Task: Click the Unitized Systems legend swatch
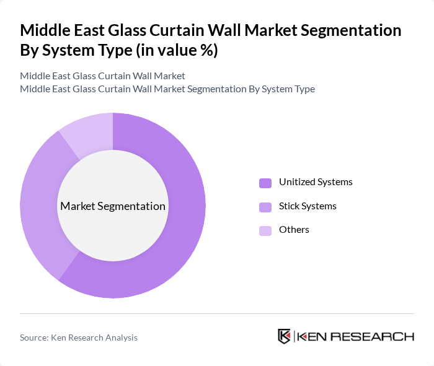point(265,183)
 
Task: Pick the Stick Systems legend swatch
point(265,206)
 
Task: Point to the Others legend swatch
point(265,230)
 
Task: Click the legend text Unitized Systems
point(316,182)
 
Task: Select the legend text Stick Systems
point(308,206)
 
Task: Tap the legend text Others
point(294,230)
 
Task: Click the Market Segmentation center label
point(113,206)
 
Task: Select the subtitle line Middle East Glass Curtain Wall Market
point(102,76)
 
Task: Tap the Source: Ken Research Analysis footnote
point(79,338)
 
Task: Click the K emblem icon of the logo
point(285,336)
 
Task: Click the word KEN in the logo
point(312,337)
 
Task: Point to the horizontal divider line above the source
point(217,313)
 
